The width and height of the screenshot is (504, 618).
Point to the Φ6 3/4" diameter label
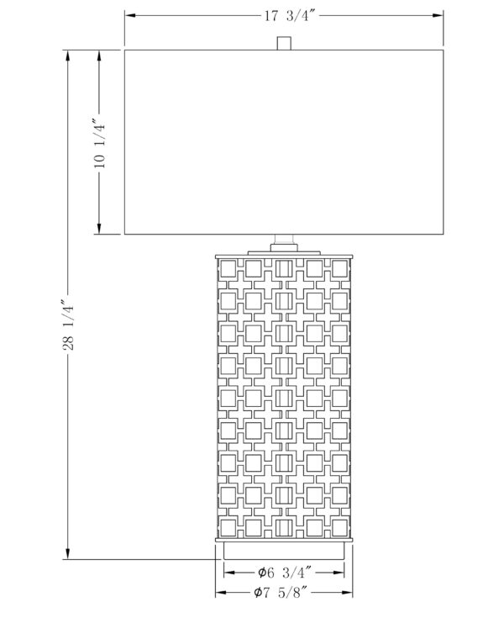(x=285, y=573)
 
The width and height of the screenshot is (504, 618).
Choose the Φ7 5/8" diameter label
(x=281, y=592)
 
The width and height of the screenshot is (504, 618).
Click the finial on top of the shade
(x=284, y=43)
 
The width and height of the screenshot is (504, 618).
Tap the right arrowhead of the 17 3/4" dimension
(x=438, y=16)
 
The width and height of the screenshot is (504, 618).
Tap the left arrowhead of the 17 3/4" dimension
(x=130, y=16)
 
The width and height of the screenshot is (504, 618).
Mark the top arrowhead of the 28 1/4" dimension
(x=68, y=55)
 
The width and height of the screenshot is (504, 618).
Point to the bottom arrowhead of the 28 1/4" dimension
(x=68, y=553)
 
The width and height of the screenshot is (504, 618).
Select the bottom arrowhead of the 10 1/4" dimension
(x=99, y=229)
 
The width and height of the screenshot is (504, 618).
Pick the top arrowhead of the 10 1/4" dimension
(x=99, y=55)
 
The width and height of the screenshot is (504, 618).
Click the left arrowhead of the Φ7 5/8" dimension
(x=221, y=593)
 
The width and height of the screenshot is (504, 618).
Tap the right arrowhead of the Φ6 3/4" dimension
(x=339, y=573)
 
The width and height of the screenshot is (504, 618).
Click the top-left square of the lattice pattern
(x=228, y=269)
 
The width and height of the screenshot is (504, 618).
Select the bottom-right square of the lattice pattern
(x=339, y=528)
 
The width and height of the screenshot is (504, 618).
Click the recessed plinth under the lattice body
(x=284, y=551)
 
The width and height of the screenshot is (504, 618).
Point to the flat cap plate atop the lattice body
(x=284, y=256)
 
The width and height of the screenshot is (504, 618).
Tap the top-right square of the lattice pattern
(x=339, y=269)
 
